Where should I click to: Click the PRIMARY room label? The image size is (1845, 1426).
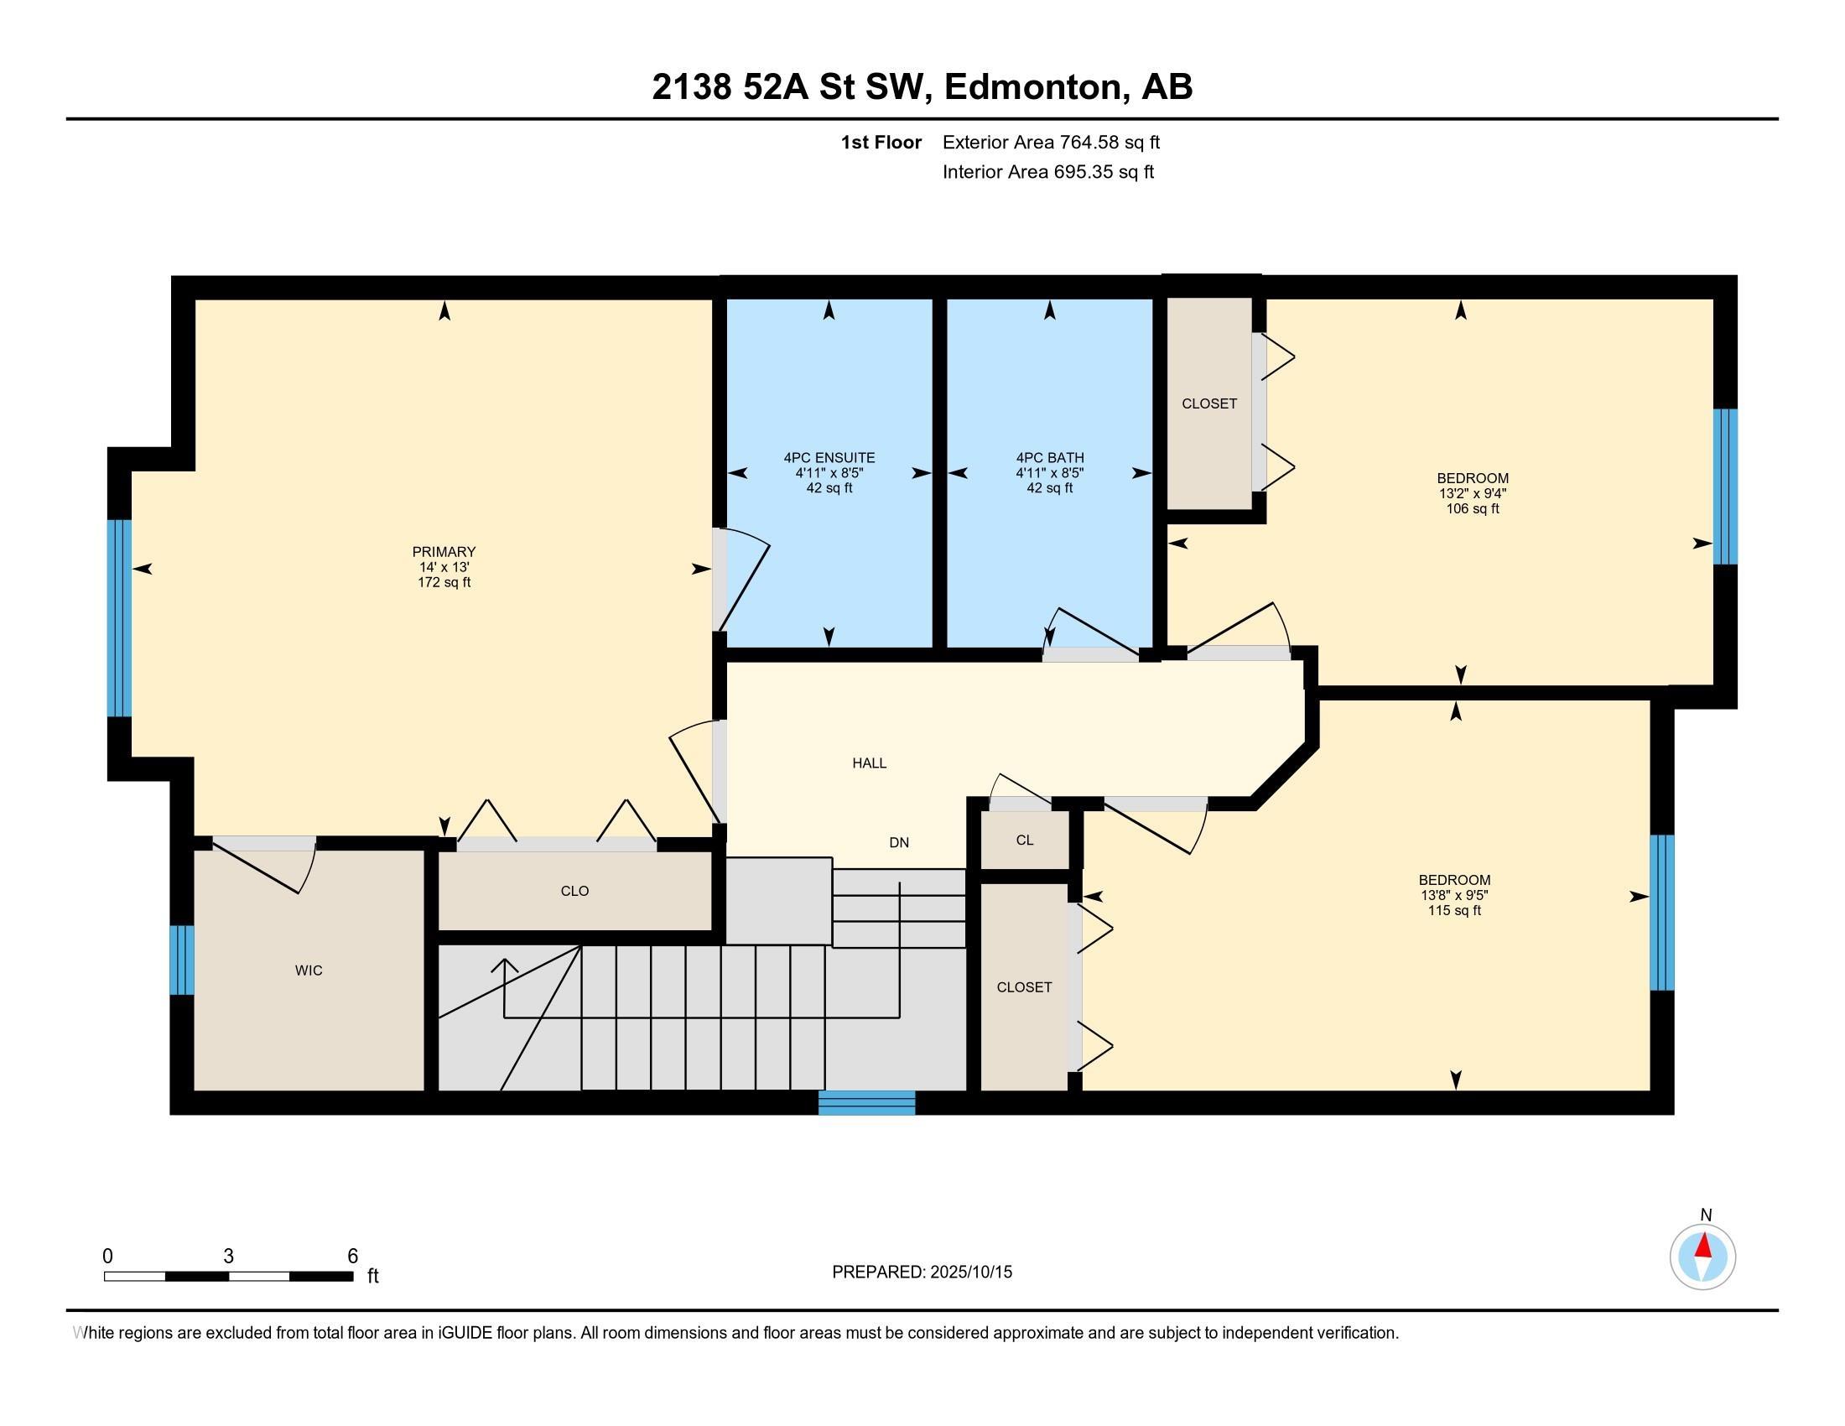click(x=444, y=552)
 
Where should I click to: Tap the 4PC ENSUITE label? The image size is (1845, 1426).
click(x=829, y=458)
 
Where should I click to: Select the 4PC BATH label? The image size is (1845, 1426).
click(x=1049, y=458)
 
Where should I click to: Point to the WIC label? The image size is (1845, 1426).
click(x=309, y=971)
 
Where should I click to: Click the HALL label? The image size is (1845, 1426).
click(x=870, y=762)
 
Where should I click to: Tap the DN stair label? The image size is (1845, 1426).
click(x=899, y=842)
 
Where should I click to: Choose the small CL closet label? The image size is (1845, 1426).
click(x=1025, y=840)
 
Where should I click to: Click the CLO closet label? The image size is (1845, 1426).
click(x=574, y=891)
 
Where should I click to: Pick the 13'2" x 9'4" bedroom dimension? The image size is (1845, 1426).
click(x=1473, y=493)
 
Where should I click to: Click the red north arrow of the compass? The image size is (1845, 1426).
click(x=1704, y=1245)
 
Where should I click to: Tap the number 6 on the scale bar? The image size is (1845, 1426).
click(x=353, y=1256)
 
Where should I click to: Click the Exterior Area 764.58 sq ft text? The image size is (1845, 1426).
click(x=1051, y=142)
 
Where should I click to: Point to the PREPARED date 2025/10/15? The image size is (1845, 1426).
click(x=970, y=1272)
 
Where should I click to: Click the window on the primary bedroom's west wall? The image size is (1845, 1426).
click(x=120, y=617)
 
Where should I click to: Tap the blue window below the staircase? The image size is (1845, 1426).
click(x=867, y=1102)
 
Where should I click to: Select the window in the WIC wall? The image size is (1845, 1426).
click(x=182, y=960)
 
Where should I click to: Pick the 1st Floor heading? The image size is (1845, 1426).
click(x=881, y=142)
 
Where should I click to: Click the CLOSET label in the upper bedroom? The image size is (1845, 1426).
click(x=1208, y=403)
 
